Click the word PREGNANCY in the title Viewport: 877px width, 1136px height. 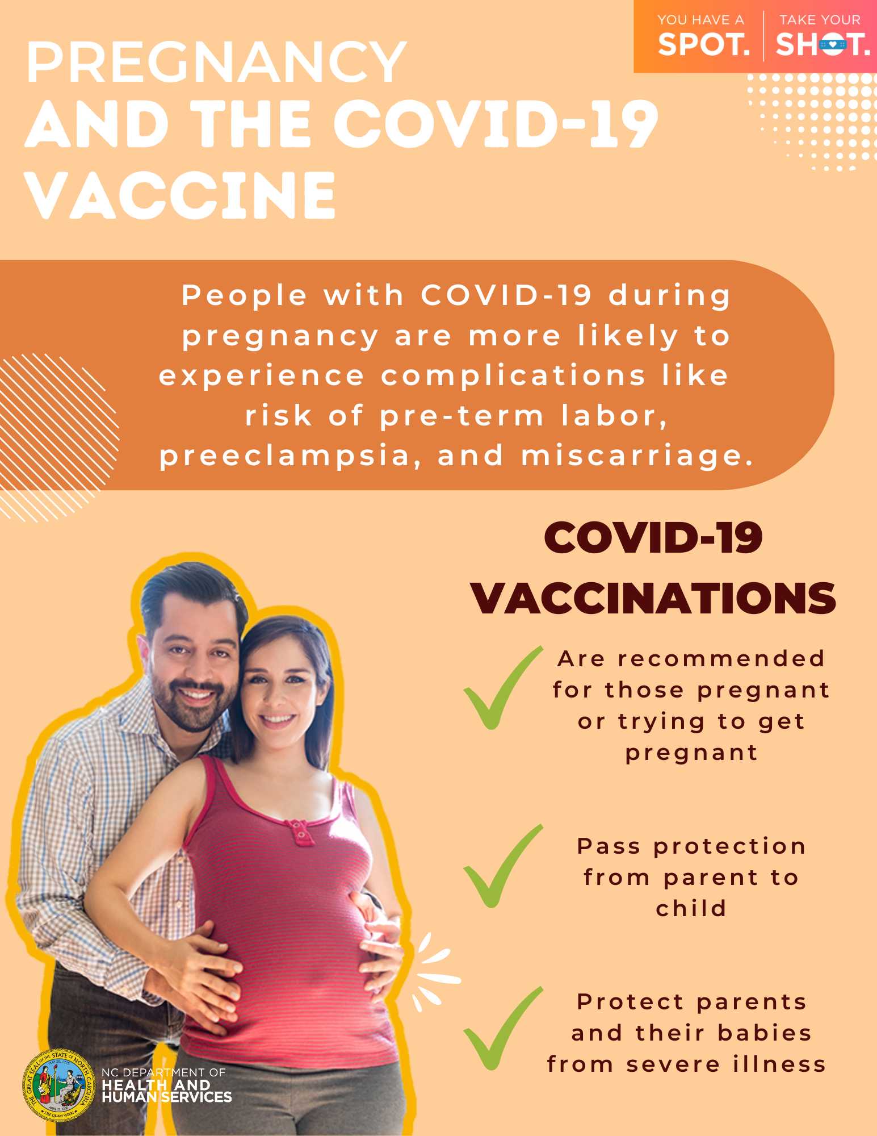point(216,62)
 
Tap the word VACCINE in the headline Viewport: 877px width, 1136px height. point(181,195)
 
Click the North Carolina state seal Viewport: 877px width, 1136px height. point(58,1085)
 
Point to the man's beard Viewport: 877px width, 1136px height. point(187,704)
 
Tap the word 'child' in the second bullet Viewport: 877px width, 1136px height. point(691,908)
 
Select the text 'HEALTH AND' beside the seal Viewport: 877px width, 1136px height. point(156,1085)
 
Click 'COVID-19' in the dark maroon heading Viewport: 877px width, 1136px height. point(653,538)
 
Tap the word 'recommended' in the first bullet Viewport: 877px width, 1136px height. point(721,659)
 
